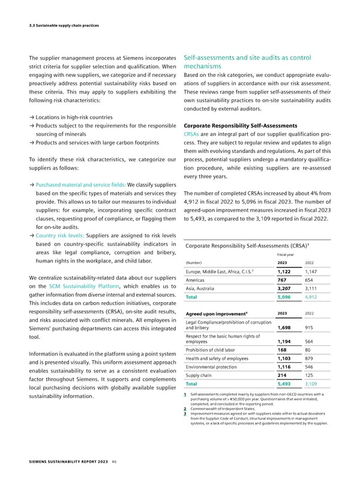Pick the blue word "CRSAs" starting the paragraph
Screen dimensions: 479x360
click(x=191, y=135)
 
